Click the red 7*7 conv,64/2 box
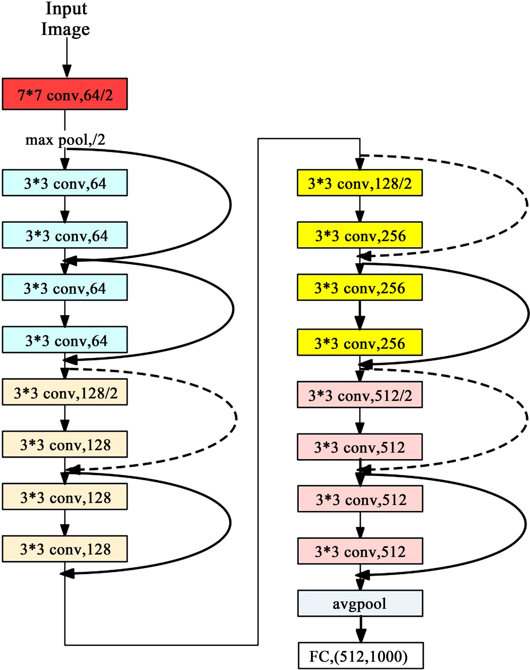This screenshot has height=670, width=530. [x=65, y=94]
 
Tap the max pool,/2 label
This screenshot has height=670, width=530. [x=65, y=140]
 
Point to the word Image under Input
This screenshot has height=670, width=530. [x=65, y=29]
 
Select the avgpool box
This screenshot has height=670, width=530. [x=360, y=603]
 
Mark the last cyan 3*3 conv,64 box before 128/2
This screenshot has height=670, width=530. [x=65, y=340]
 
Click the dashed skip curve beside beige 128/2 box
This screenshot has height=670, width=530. [x=236, y=418]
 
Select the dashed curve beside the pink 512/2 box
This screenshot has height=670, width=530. [x=526, y=419]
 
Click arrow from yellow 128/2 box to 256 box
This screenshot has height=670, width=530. [x=360, y=209]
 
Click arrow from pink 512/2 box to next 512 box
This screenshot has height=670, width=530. [x=360, y=421]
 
